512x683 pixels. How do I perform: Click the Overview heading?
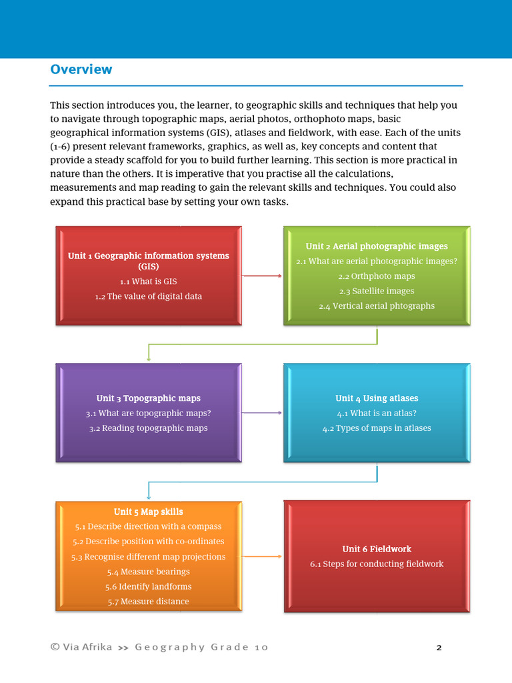pos(81,69)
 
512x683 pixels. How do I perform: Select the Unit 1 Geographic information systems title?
pos(149,261)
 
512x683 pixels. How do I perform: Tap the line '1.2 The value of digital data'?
pos(149,296)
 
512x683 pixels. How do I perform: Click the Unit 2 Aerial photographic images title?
pos(377,246)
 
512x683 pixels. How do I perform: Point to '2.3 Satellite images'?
pos(377,291)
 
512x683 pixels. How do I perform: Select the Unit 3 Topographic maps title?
pos(149,398)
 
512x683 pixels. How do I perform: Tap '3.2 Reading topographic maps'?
pos(149,428)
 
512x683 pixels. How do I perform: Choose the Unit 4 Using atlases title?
pos(377,398)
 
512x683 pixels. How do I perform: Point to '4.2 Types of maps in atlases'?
pos(377,428)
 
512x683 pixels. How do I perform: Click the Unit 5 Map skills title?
pos(149,512)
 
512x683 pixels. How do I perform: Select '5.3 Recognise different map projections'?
pos(149,556)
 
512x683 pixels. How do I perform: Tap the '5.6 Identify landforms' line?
pos(149,586)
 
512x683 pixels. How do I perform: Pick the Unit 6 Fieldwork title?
pos(377,549)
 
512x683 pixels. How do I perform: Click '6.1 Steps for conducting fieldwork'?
pos(377,564)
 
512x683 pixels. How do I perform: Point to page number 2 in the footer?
pos(439,647)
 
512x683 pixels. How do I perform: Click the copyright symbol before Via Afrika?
pos(55,646)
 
